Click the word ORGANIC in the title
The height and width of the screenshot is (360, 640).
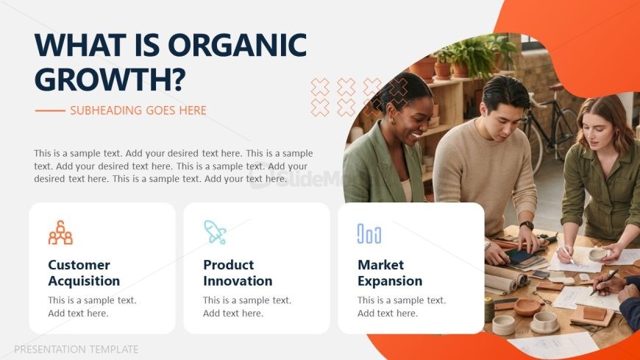point(237,45)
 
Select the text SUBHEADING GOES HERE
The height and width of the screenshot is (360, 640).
point(138,110)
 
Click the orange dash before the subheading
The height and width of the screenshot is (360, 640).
point(50,110)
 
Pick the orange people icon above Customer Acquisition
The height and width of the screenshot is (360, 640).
point(60,233)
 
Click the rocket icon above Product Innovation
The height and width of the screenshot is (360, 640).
point(215,232)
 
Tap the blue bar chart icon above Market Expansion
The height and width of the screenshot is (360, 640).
point(369,233)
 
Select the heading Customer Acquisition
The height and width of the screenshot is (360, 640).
point(84,272)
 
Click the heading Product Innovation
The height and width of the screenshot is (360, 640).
point(238,272)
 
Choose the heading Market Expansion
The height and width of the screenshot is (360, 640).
point(390,272)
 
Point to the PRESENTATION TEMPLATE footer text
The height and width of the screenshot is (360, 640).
point(77,350)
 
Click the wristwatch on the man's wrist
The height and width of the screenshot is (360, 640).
point(527,225)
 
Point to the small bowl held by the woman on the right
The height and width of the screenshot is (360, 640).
point(597,255)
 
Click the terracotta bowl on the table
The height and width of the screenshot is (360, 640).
point(527,307)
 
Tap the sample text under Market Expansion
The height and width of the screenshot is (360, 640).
point(402,306)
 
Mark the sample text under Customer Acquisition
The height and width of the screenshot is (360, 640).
point(92,306)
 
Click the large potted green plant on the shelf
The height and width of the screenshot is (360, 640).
point(472,57)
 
